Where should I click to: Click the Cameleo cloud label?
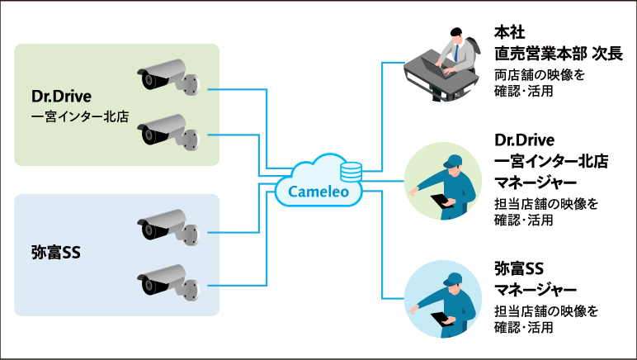(311, 192)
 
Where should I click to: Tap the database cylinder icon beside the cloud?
(351, 171)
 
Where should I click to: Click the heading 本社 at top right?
(507, 34)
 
